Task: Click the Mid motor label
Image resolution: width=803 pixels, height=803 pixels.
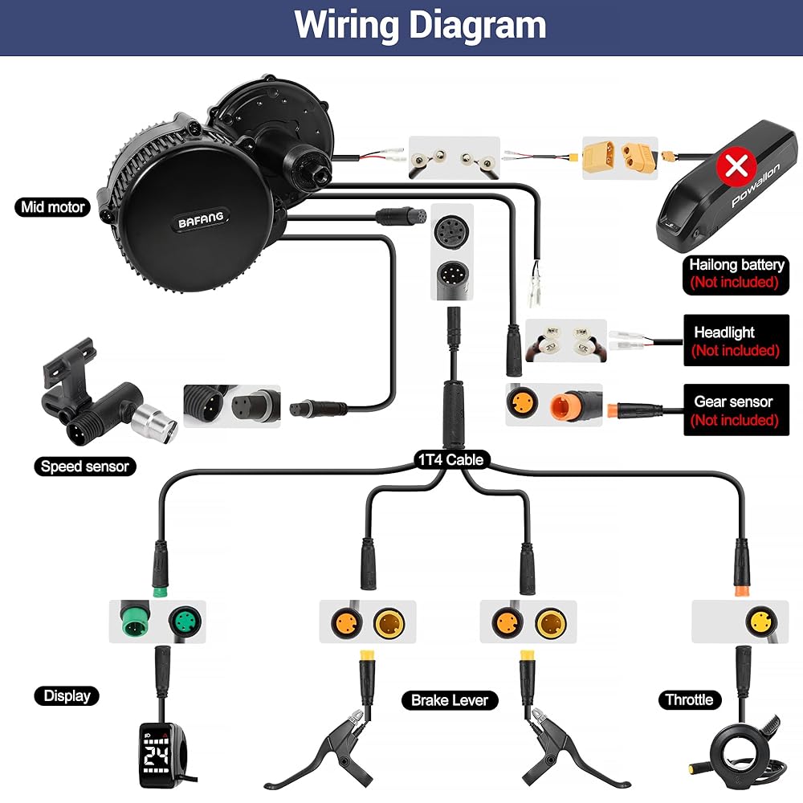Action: click(54, 207)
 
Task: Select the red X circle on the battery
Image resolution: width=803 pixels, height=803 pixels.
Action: click(734, 166)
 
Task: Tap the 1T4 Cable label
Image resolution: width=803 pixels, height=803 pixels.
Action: click(450, 459)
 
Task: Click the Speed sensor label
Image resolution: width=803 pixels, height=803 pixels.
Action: click(84, 466)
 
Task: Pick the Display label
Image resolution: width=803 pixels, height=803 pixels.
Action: click(67, 695)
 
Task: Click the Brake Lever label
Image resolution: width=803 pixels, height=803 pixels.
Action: click(449, 700)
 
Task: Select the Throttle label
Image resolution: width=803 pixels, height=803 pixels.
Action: click(689, 699)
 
